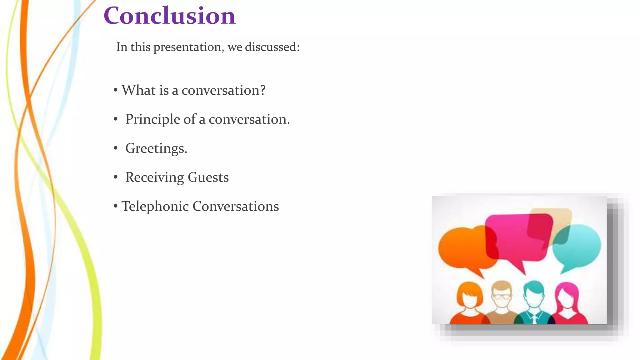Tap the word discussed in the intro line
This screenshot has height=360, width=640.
pos(272,47)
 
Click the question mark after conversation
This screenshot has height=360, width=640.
pos(262,90)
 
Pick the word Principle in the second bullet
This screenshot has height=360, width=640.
pos(153,119)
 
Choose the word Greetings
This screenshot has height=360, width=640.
pos(156,148)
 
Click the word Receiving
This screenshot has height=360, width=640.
pos(154,177)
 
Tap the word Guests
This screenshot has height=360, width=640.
pos(208,177)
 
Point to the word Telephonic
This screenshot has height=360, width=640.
pos(155,207)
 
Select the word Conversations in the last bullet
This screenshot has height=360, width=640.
pos(236,206)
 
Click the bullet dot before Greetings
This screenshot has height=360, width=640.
pos(116,148)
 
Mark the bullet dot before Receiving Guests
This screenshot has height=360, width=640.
pos(116,177)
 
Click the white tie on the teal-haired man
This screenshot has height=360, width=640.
pos(534,319)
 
